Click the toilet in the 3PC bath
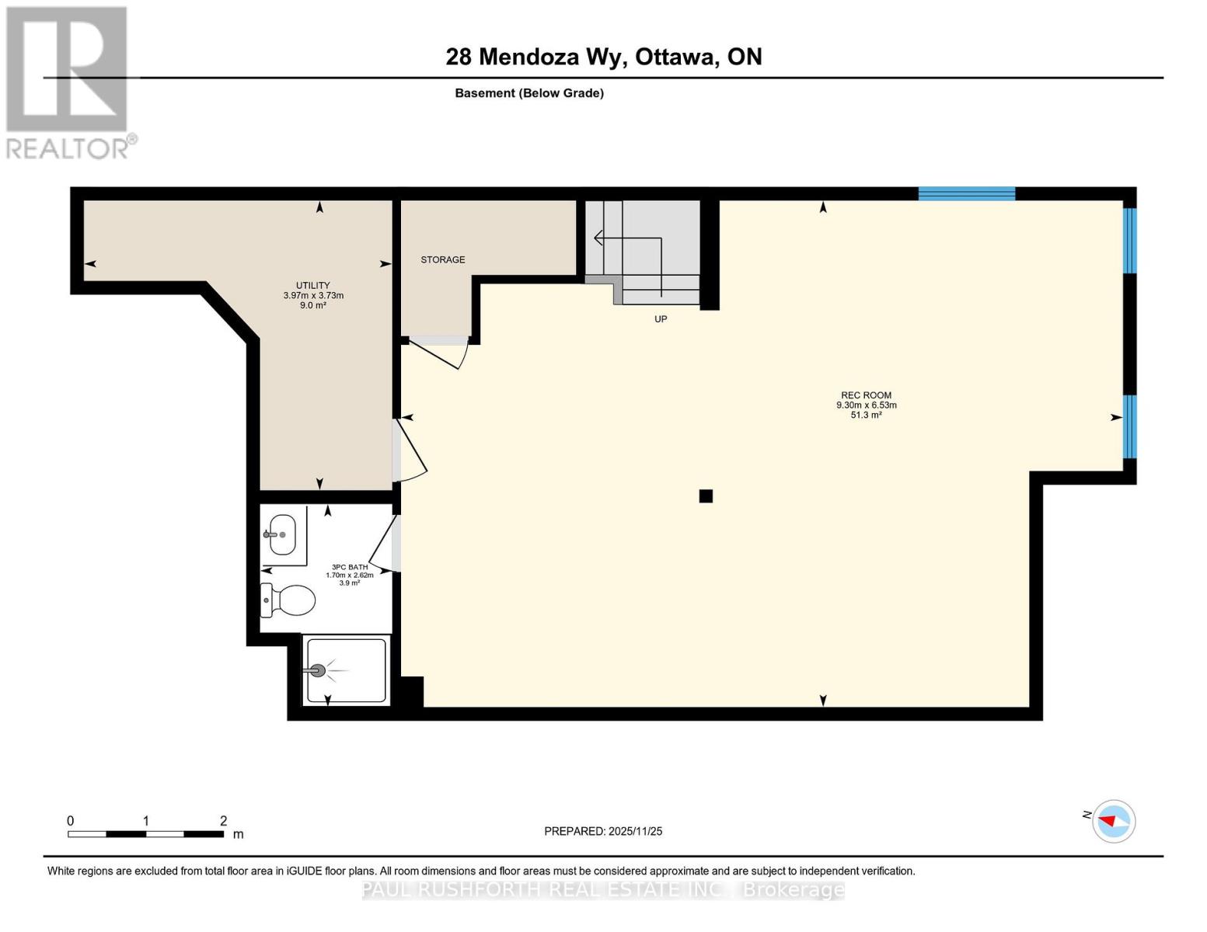click(288, 600)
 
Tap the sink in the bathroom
click(281, 534)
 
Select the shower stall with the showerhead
click(345, 670)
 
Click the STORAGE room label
click(443, 259)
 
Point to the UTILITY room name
click(312, 285)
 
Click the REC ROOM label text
click(866, 395)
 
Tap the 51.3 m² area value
click(866, 416)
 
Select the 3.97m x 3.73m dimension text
click(313, 295)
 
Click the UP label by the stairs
click(661, 319)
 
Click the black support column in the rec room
click(706, 496)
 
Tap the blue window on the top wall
click(966, 193)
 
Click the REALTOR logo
click(68, 82)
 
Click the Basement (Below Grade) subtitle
click(529, 93)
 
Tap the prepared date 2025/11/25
click(635, 831)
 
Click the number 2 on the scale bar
click(223, 821)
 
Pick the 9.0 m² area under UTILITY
click(313, 306)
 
